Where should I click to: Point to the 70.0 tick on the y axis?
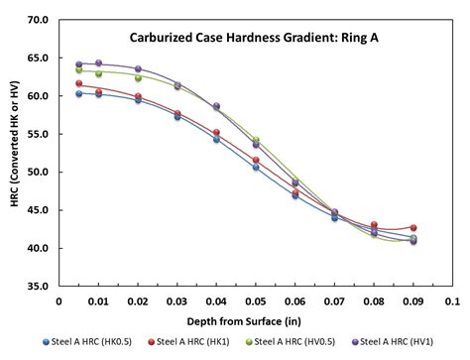pos(37,20)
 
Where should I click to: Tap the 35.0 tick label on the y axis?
pos(37,286)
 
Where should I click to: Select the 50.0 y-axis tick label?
pos(37,172)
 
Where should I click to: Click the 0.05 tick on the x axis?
pos(255,300)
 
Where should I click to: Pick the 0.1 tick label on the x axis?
pos(451,300)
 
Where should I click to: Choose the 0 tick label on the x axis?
pos(59,300)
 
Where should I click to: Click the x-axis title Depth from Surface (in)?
pos(256,319)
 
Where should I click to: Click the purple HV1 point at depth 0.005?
pos(79,63)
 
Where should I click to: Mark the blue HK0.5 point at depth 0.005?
pos(79,93)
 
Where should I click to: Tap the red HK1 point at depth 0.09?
pos(413,227)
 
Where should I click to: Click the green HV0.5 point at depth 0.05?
pos(256,141)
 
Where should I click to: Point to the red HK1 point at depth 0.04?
pos(216,132)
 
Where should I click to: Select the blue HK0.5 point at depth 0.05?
pos(256,167)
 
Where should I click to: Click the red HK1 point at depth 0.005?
pos(79,84)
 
